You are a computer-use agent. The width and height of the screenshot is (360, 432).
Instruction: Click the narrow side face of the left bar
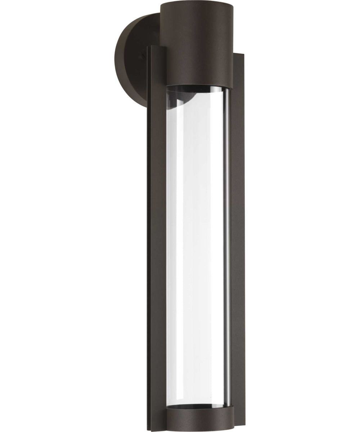coord(149,238)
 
